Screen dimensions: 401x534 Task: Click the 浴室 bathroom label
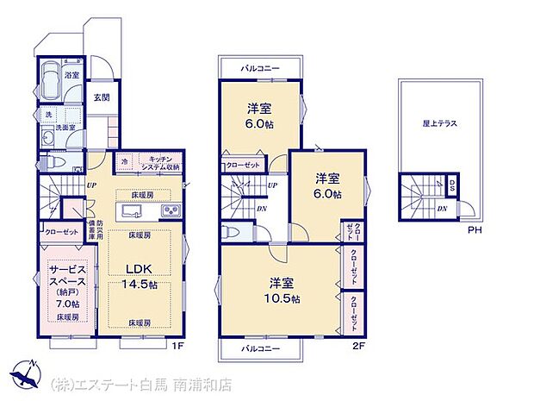[72, 76]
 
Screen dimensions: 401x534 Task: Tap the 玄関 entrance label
[102, 97]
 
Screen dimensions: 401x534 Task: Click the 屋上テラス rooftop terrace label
[439, 124]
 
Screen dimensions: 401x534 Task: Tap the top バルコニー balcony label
[262, 67]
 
